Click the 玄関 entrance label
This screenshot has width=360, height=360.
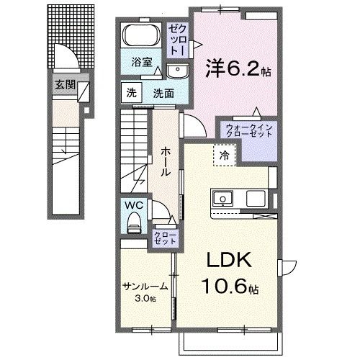click(64, 84)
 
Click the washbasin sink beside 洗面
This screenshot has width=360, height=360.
click(177, 71)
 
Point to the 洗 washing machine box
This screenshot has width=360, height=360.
click(131, 92)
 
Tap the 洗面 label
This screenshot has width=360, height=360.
click(163, 93)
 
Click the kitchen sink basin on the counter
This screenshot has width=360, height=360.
click(221, 198)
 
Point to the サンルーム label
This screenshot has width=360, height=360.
click(145, 286)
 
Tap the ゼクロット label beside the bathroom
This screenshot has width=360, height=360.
click(179, 40)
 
